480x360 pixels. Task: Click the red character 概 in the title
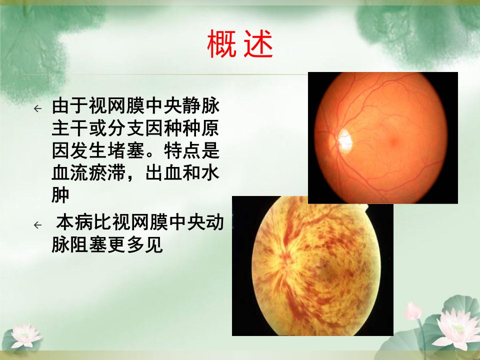point(221,44)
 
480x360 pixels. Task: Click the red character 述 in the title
point(258,44)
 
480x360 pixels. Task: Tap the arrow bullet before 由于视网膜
point(37,108)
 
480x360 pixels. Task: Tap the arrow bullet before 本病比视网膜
point(37,225)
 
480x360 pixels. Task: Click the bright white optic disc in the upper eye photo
point(344,141)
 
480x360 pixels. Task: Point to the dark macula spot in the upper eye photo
point(393,141)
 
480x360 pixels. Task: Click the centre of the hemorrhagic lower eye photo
point(312,265)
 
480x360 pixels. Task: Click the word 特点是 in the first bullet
point(192,150)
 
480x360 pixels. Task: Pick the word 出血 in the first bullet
point(163,173)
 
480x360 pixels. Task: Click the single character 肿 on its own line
point(60,195)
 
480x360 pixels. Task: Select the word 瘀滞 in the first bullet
point(107,173)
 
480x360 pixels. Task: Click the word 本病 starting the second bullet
point(74,222)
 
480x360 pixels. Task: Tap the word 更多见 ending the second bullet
point(135,245)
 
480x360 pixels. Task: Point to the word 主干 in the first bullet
point(70,128)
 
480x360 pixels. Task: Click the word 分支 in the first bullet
point(126,128)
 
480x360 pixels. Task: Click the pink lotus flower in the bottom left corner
point(25,336)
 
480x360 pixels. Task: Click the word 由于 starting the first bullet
point(70,106)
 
